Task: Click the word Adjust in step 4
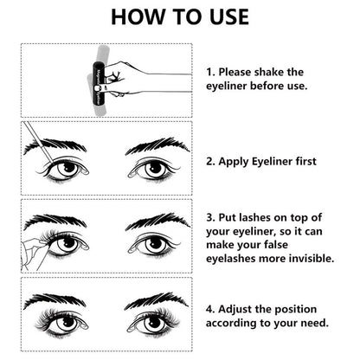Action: [241, 309]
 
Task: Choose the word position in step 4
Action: [299, 309]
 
